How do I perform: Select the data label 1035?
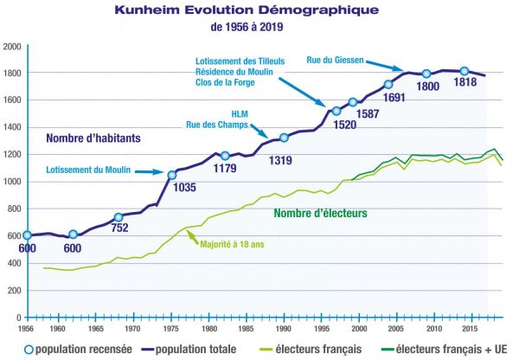[x=184, y=186]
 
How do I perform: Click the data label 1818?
[x=465, y=85]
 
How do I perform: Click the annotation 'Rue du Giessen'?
[x=335, y=61]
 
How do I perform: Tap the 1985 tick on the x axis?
[x=247, y=329]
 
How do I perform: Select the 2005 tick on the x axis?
[x=396, y=329]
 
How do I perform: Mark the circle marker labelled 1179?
[x=225, y=156]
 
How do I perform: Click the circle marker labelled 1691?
[x=388, y=84]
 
